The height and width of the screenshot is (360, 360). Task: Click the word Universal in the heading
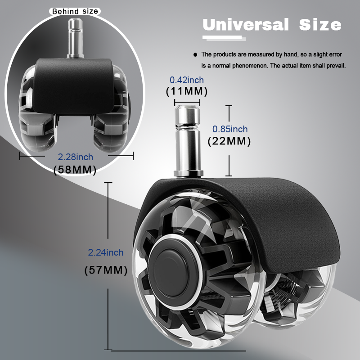coord(246,24)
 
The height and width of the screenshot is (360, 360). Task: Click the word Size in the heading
coord(320,24)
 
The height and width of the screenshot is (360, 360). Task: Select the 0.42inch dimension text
coord(186,80)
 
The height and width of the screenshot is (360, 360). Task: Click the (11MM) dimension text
coord(186,91)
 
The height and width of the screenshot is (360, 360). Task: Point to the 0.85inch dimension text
coord(230,129)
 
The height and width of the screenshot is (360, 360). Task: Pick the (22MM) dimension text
coord(229,141)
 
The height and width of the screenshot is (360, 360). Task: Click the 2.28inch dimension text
coord(75,157)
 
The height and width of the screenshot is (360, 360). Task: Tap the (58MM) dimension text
coord(75,170)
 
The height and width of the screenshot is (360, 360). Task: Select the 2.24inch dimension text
coord(105,253)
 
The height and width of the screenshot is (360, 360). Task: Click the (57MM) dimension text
coord(106,270)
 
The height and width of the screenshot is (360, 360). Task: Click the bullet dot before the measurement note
coord(195,54)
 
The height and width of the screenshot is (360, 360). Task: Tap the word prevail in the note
coord(334,66)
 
